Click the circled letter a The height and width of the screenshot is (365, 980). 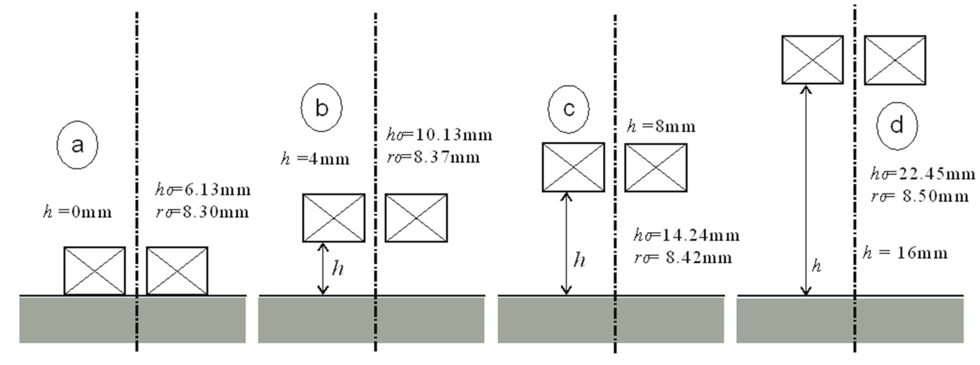coord(77,145)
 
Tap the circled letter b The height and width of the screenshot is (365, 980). coord(321,108)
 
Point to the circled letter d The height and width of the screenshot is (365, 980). coord(897,126)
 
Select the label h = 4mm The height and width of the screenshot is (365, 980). coord(315,159)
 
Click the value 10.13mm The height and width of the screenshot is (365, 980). coord(453,135)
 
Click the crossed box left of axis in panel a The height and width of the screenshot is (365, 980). coord(94,271)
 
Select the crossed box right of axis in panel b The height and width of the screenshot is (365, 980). coord(416,218)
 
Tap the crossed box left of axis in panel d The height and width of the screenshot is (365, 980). coord(812,60)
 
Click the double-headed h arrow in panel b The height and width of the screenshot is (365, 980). coord(323,269)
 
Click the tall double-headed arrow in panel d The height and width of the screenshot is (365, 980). coord(805,190)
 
